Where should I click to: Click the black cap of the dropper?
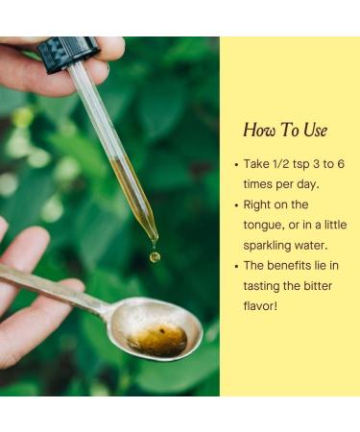tap(68, 53)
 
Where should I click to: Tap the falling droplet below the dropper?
tap(155, 256)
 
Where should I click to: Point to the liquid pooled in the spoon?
tap(158, 341)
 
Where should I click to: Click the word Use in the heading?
tap(316, 131)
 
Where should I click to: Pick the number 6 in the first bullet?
tap(341, 164)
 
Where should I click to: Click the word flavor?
tap(260, 306)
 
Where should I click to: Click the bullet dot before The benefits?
tap(236, 266)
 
